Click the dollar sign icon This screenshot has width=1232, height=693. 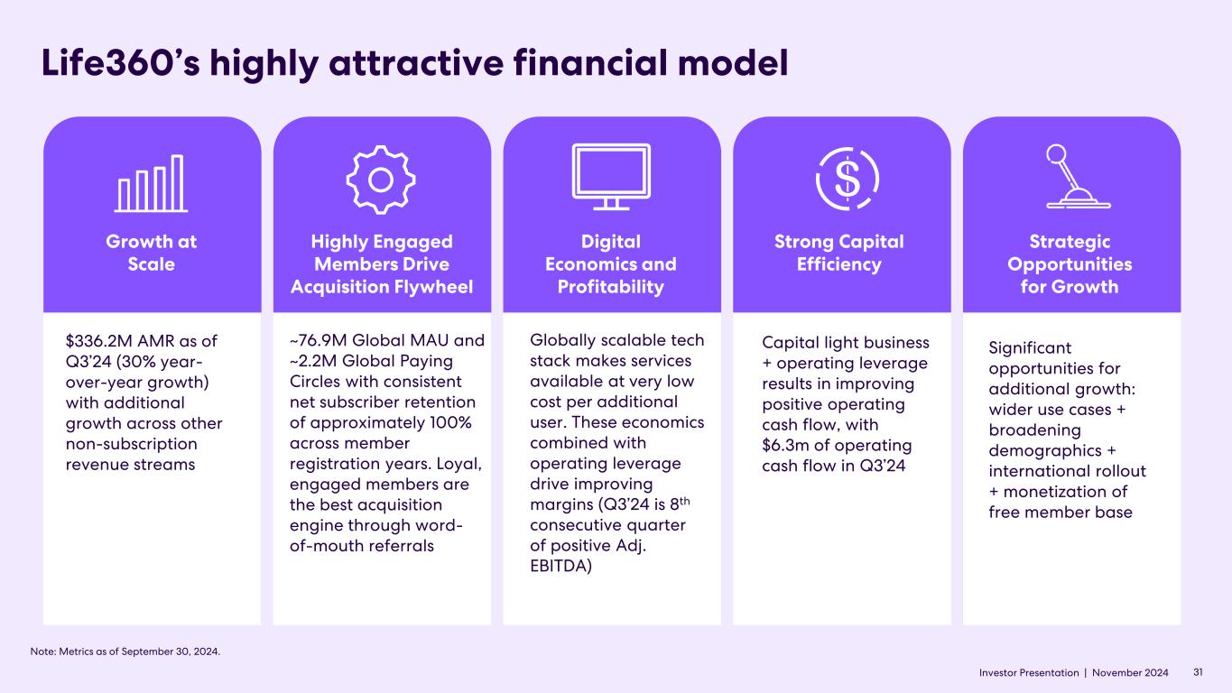tap(848, 177)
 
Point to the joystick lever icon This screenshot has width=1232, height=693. tap(1077, 177)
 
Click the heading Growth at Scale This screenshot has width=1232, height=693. tap(152, 253)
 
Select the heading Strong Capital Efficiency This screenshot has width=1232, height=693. tap(840, 253)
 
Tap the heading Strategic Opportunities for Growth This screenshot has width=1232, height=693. tap(1070, 264)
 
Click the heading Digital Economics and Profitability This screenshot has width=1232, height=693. tap(611, 264)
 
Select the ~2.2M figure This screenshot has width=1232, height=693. tap(313, 361)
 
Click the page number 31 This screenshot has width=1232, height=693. tap(1199, 672)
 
